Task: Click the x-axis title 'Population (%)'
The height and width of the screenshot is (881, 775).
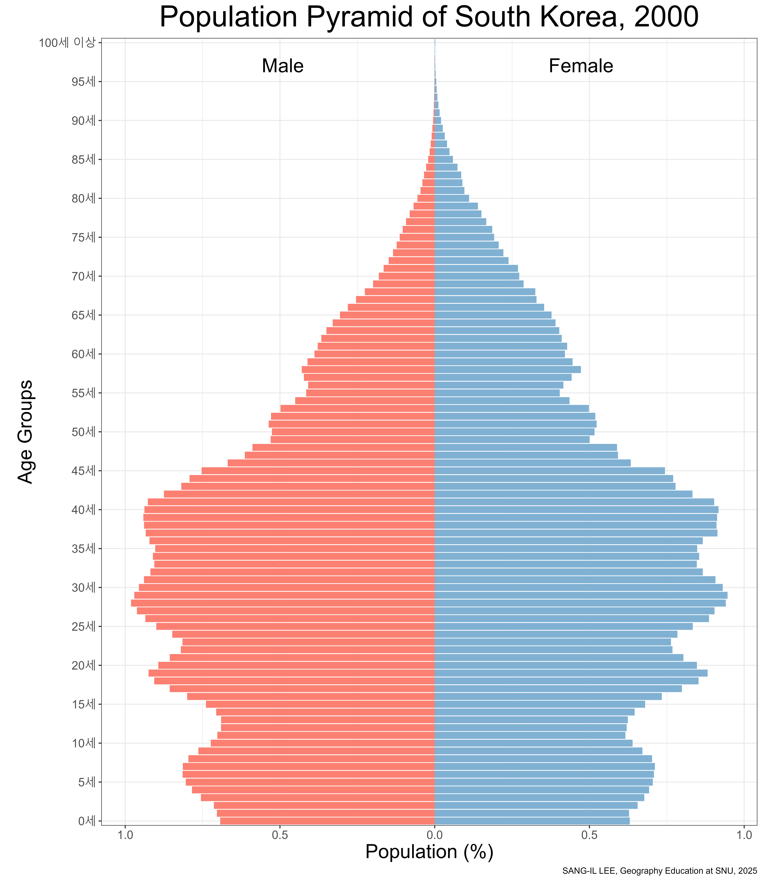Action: [429, 852]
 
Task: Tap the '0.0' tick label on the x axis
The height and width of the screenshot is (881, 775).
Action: [435, 835]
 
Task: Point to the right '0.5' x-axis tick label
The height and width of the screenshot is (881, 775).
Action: [589, 835]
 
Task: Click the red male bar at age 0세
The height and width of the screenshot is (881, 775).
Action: [327, 821]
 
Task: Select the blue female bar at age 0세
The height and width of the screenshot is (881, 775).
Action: [532, 821]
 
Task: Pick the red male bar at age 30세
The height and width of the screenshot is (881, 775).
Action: [287, 587]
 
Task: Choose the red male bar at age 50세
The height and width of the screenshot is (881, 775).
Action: [353, 431]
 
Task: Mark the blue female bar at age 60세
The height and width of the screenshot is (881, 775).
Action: [500, 354]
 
